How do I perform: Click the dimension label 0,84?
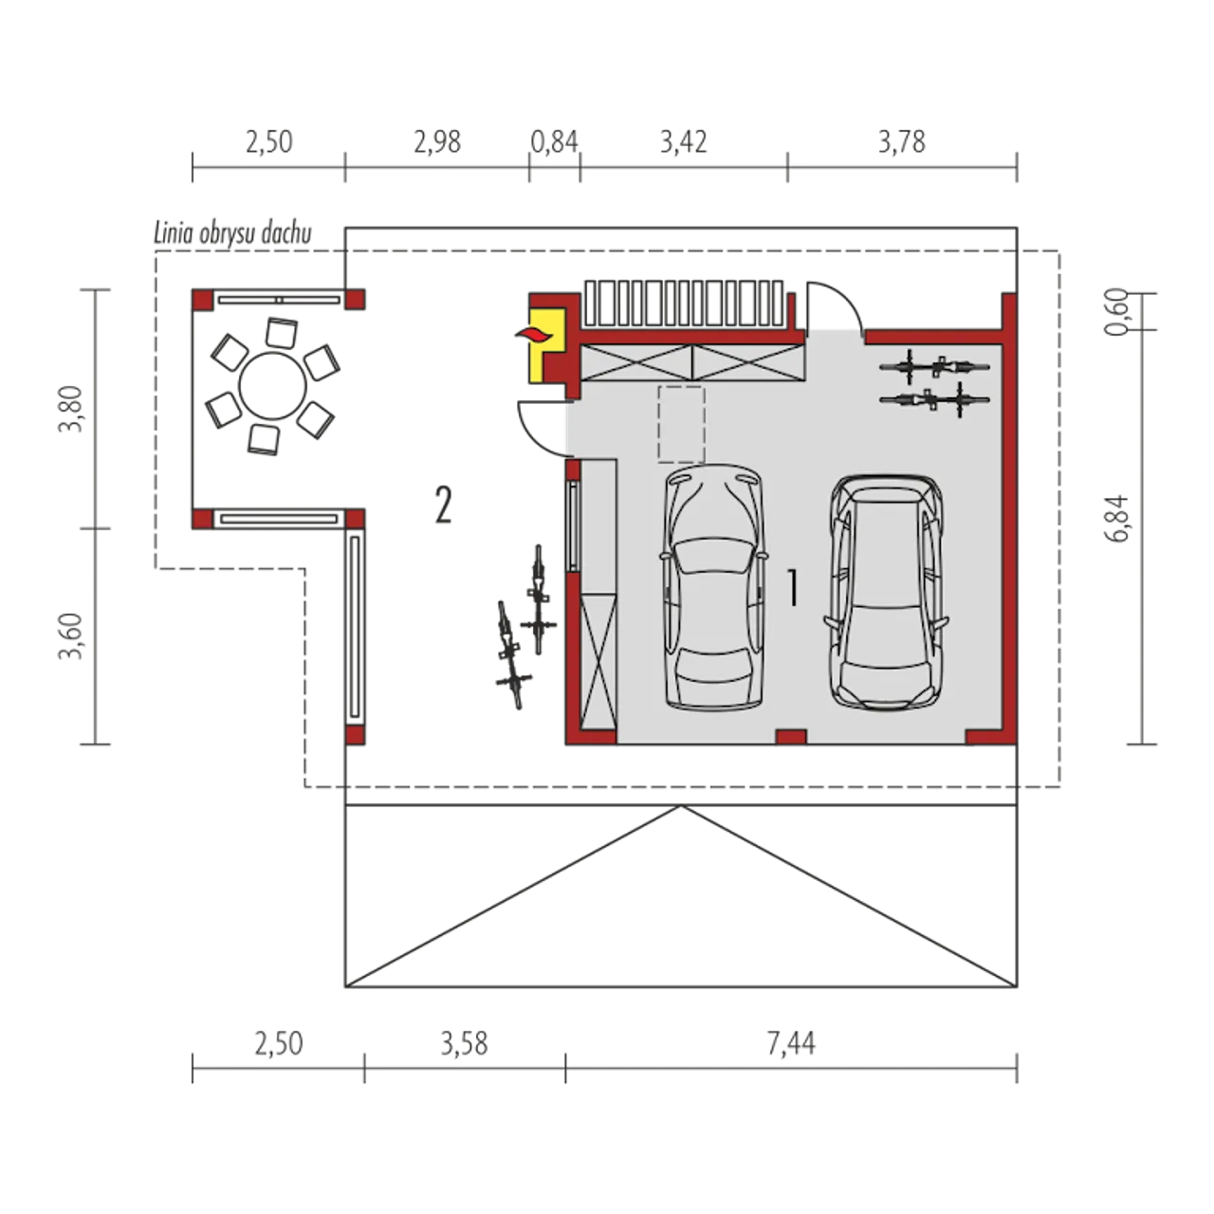click(x=555, y=141)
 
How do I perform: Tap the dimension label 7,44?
click(x=791, y=1044)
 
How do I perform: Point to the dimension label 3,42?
click(x=684, y=141)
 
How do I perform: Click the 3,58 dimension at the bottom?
click(x=465, y=1044)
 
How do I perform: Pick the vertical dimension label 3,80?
click(x=70, y=408)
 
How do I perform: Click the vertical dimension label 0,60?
click(x=1117, y=312)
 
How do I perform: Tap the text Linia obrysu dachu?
click(x=233, y=233)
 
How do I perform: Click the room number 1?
click(x=793, y=588)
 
